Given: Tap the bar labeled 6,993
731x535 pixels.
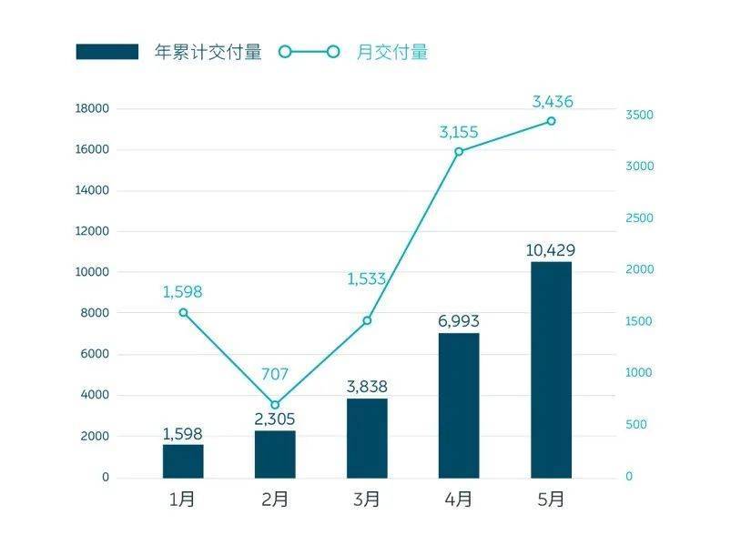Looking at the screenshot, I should coord(459,405).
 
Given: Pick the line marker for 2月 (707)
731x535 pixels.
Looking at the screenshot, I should coord(275,405).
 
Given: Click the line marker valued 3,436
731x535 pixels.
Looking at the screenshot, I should coord(551,121).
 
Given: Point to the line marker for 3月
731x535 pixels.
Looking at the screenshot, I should coord(367,320).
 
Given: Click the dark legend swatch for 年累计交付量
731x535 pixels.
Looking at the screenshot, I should coord(107,52).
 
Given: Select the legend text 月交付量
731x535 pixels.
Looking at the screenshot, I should coord(392,52).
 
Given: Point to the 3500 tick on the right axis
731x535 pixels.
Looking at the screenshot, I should coord(639,116).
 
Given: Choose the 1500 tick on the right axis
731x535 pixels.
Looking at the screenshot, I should coord(639,322).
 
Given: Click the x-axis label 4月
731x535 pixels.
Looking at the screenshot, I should coord(459,500).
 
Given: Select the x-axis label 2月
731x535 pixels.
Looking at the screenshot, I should coord(275,500).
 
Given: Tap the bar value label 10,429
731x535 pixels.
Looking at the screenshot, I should coord(551,250).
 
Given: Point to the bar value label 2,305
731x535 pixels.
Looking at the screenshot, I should coord(275,419).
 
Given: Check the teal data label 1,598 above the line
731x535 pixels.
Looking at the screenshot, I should coord(183,292).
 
